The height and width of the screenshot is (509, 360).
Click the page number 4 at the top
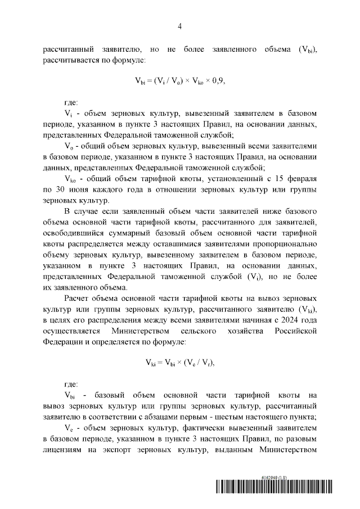180,26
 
